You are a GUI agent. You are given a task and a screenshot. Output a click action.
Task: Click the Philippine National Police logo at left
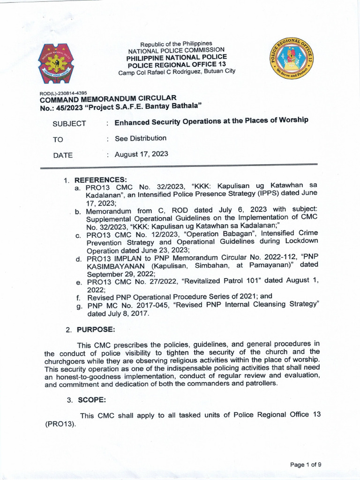click(58, 63)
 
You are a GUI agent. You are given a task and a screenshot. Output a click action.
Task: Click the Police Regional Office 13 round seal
click(292, 60)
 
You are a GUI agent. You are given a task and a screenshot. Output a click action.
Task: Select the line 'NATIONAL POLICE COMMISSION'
click(176, 50)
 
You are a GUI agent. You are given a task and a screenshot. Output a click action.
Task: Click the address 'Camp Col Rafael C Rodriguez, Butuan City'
click(177, 71)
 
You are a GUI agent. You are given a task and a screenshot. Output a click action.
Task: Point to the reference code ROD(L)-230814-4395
click(62, 93)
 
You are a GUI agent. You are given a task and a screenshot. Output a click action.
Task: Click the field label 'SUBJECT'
click(69, 124)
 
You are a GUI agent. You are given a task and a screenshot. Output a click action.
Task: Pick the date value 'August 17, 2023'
click(141, 154)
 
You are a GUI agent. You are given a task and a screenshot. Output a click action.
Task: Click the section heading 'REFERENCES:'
click(101, 180)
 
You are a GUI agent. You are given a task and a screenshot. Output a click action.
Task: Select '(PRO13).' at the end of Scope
click(60, 424)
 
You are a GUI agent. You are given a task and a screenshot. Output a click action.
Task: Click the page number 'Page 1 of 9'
click(306, 465)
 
